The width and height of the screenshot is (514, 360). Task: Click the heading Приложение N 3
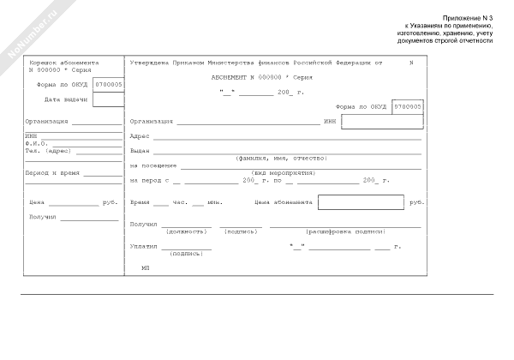click(x=469, y=18)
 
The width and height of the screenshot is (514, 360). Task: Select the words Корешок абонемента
click(x=63, y=63)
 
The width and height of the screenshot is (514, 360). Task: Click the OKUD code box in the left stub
click(x=108, y=85)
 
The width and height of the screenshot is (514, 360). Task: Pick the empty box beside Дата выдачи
click(x=108, y=99)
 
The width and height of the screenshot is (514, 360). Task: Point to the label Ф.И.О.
click(x=36, y=143)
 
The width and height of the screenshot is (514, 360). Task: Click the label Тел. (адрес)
click(x=47, y=150)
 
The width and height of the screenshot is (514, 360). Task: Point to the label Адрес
click(x=140, y=136)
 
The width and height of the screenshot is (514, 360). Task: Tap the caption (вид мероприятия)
click(x=282, y=172)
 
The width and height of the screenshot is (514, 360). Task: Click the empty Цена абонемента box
click(x=361, y=203)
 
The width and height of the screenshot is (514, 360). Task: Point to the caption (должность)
click(x=186, y=231)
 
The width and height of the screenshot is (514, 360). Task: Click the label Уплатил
click(x=143, y=246)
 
